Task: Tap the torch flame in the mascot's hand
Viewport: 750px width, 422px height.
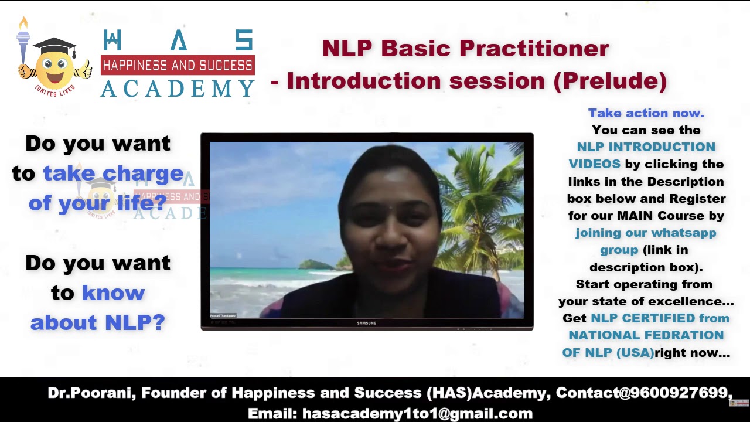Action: coord(23,23)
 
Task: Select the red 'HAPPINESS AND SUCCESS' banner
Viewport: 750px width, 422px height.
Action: coord(178,65)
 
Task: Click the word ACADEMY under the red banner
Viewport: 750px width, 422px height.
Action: coord(178,89)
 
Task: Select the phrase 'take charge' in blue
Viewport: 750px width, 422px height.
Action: coord(113,173)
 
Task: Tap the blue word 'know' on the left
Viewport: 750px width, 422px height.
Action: coord(113,292)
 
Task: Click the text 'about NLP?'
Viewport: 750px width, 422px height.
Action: coord(98,322)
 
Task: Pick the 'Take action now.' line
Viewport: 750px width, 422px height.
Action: coord(646,113)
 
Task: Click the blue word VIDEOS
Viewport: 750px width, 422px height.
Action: coord(594,164)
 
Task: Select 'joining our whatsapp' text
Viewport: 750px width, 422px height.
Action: coord(646,233)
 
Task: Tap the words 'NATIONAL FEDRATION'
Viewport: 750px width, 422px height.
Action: coord(646,335)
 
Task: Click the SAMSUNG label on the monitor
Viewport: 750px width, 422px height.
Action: coord(367,324)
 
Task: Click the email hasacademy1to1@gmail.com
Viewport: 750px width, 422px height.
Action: coord(417,413)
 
